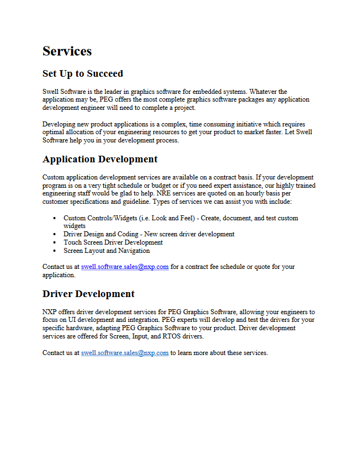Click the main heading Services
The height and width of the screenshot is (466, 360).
coord(67,51)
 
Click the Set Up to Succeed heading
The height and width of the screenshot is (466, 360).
coord(83,73)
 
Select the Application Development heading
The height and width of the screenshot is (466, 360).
coord(100,159)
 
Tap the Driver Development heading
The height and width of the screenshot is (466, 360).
coord(88,294)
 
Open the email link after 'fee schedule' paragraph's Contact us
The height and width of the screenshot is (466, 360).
coord(125,267)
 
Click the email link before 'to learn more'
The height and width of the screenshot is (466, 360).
coord(125,353)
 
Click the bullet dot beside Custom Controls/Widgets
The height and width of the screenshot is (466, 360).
coord(54,218)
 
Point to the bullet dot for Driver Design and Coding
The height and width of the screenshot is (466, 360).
coord(54,234)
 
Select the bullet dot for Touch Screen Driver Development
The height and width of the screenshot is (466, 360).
coord(54,242)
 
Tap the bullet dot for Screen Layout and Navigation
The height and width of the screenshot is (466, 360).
coord(54,251)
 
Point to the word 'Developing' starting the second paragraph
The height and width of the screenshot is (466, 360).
coord(58,124)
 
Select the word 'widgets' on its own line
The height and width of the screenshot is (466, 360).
coord(75,226)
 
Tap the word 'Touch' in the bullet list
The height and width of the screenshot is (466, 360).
coord(72,242)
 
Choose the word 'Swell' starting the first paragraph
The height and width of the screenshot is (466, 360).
coord(51,92)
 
